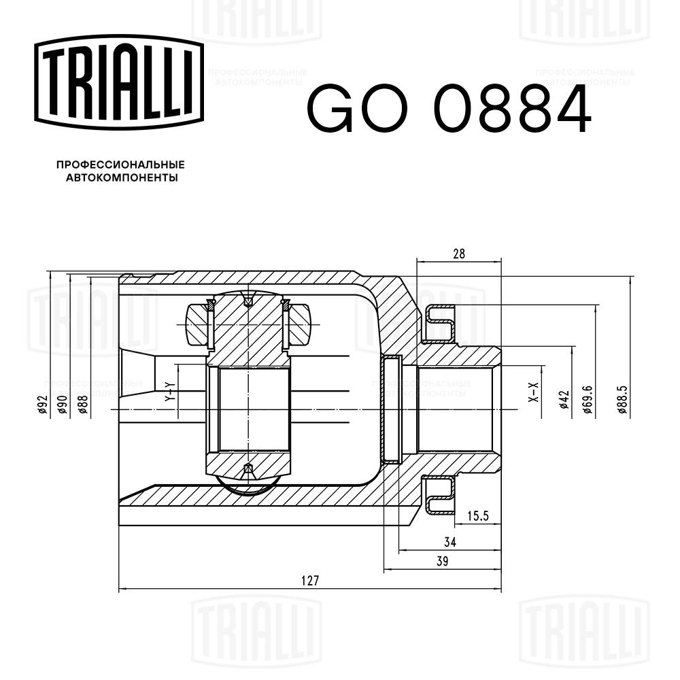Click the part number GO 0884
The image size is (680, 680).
pyautogui.click(x=449, y=109)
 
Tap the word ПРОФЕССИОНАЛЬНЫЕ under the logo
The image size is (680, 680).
pyautogui.click(x=120, y=165)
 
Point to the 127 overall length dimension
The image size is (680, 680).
pyautogui.click(x=309, y=581)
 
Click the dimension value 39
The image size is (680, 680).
pyautogui.click(x=442, y=561)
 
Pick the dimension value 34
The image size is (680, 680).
pyautogui.click(x=449, y=542)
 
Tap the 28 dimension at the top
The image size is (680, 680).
pyautogui.click(x=459, y=254)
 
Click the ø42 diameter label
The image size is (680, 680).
pyautogui.click(x=563, y=401)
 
